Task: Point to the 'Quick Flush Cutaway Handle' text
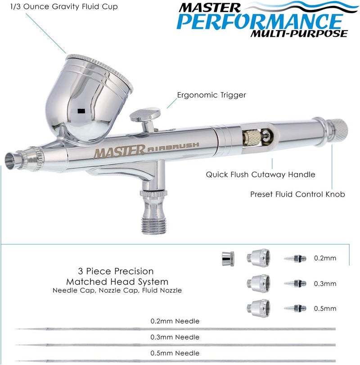tap(261, 174)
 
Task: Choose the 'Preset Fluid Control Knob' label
tap(298, 195)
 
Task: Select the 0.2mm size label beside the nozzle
tap(325, 258)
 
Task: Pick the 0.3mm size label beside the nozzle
tap(325, 284)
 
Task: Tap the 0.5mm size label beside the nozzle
tap(325, 308)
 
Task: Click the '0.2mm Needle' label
tap(175, 321)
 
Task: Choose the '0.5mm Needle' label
tap(175, 352)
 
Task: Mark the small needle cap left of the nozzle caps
tap(226, 258)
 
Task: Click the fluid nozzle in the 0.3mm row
tap(295, 284)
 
